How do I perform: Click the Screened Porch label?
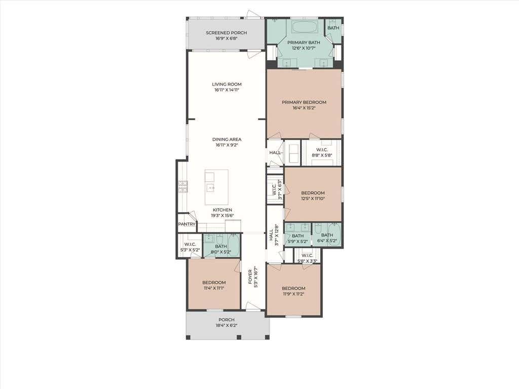227,33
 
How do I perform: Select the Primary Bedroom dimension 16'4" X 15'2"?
304,108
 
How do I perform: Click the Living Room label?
227,84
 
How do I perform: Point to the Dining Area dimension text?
227,145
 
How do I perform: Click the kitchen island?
216,187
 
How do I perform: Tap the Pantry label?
187,224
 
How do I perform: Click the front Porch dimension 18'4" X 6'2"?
227,325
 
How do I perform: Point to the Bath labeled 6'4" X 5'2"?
327,235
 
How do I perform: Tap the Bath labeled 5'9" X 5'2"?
298,236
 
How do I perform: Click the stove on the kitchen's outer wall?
182,186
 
